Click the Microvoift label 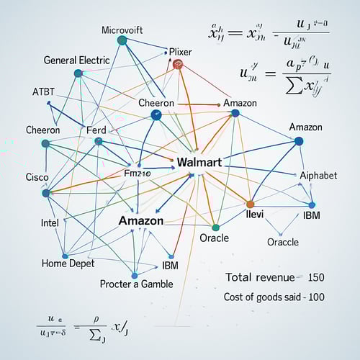click(122, 30)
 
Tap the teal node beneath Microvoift click(122, 40)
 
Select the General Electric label click(77, 60)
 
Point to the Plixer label click(180, 52)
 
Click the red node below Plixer click(178, 65)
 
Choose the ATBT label click(43, 92)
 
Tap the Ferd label click(96, 130)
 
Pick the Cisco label click(37, 176)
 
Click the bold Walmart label click(199, 161)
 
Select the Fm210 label click(138, 174)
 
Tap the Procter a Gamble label click(136, 284)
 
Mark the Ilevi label click(256, 214)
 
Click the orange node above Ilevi click(251, 204)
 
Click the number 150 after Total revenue click(316, 277)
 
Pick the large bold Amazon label click(141, 221)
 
